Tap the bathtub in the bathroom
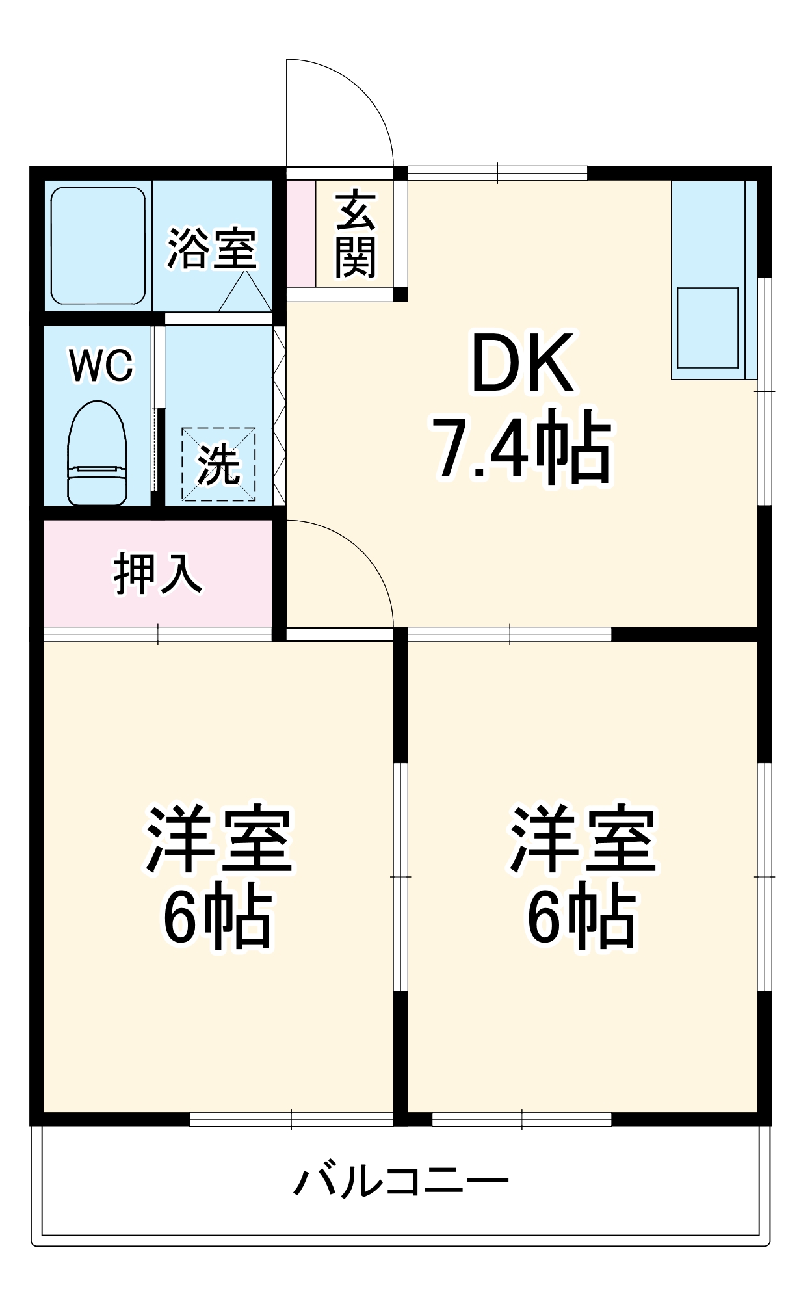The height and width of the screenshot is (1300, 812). pyautogui.click(x=98, y=246)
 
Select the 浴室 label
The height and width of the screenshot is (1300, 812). pyautogui.click(x=212, y=249)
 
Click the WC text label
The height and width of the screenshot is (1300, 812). pyautogui.click(x=101, y=365)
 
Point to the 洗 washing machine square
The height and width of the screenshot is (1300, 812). pyautogui.click(x=218, y=465)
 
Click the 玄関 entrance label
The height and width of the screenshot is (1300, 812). pyautogui.click(x=356, y=234)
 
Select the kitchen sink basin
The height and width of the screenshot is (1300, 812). pyautogui.click(x=707, y=328)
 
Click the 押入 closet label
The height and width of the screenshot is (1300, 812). pyautogui.click(x=158, y=574)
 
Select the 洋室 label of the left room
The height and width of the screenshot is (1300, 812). pyautogui.click(x=219, y=840)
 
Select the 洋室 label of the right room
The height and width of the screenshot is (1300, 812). pyautogui.click(x=583, y=840)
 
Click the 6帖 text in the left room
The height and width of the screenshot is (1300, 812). pyautogui.click(x=217, y=917)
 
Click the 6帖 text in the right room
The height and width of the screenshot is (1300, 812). pyautogui.click(x=581, y=917)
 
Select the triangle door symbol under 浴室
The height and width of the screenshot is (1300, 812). pyautogui.click(x=245, y=294)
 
